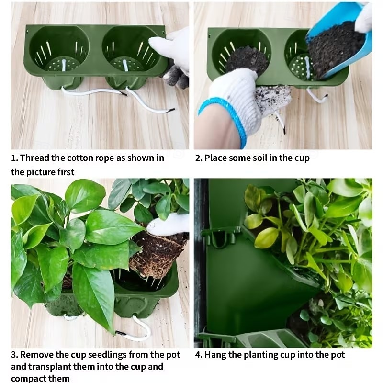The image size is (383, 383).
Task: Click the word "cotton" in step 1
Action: (80, 158)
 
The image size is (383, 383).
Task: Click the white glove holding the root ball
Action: (169, 224)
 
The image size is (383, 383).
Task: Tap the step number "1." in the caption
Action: (14, 158)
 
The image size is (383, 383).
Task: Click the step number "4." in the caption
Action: (198, 355)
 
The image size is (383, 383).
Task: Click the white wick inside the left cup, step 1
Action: (64, 65)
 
